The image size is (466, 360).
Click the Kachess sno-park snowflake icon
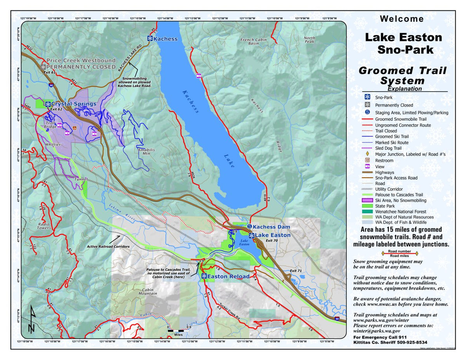(x=150, y=38)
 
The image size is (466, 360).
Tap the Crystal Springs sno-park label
(x=74, y=104)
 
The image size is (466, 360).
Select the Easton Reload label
(x=228, y=276)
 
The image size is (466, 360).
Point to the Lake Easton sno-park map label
(x=273, y=235)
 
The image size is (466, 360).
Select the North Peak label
(x=310, y=40)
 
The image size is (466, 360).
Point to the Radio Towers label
(x=44, y=226)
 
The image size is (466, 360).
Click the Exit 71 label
(x=296, y=270)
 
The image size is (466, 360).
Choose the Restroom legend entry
(x=384, y=160)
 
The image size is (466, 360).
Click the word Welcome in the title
(x=402, y=19)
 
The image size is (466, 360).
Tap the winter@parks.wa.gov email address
(x=376, y=331)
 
